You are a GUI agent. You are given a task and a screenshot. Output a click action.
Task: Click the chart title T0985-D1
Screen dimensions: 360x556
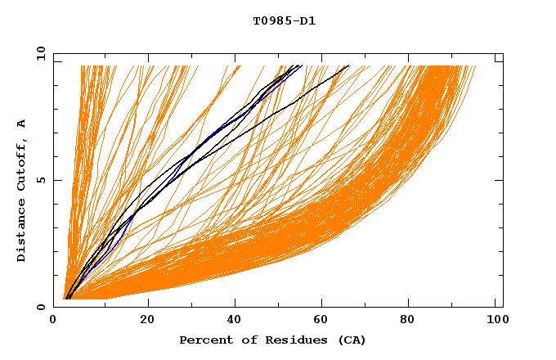[284, 21]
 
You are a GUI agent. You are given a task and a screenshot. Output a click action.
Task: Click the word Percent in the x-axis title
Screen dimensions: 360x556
[203, 340]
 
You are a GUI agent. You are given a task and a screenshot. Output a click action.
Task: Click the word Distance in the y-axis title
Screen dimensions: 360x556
[22, 230]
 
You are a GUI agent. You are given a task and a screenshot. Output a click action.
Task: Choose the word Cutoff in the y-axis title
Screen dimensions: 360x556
[22, 164]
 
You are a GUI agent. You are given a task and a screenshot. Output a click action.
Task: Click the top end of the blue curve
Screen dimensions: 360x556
[301, 65]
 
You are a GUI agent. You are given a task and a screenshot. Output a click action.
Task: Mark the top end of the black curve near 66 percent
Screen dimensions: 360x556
[349, 65]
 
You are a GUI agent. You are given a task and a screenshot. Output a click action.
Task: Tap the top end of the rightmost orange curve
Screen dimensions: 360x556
[475, 65]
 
